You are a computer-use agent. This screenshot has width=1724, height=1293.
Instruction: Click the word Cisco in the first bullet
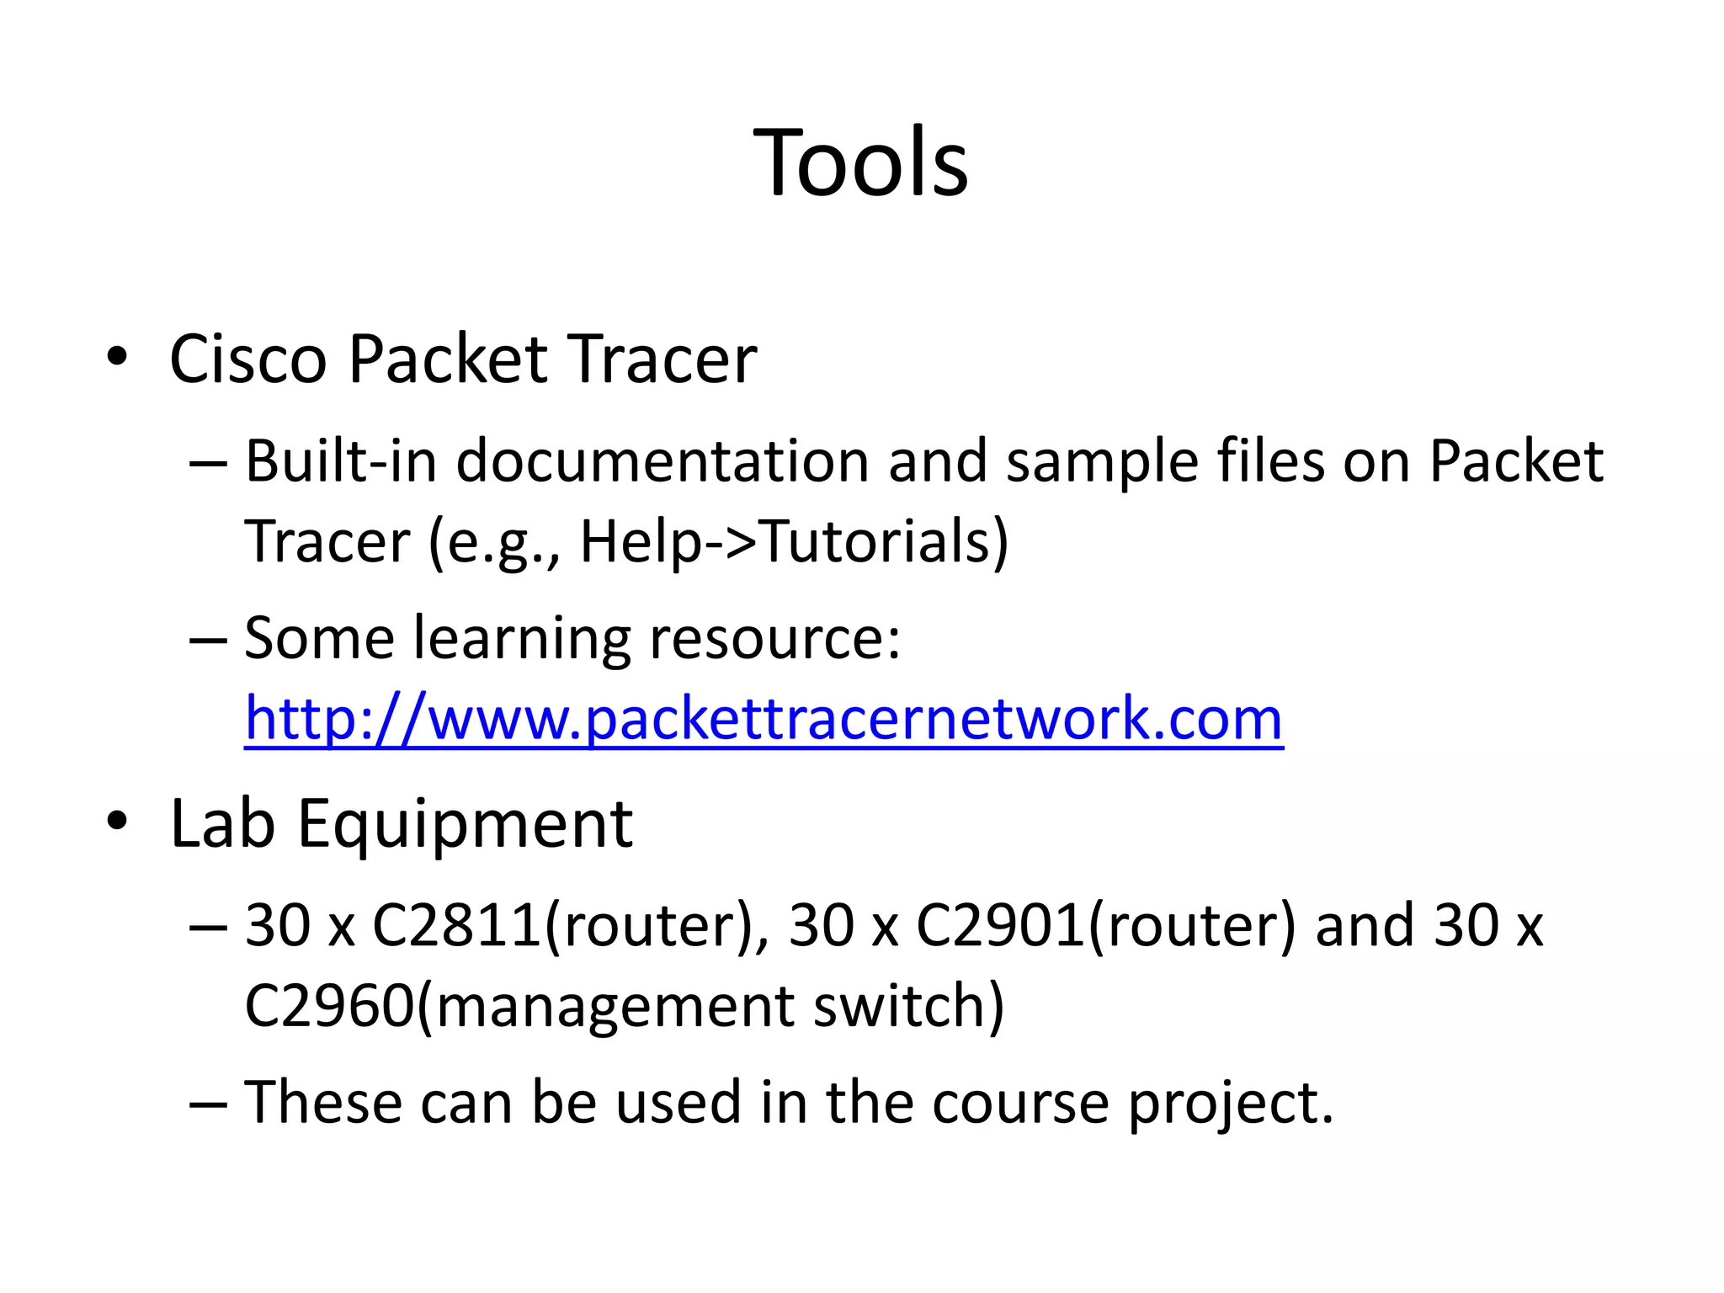pyautogui.click(x=247, y=359)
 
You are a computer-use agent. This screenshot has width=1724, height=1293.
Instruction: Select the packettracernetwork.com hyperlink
pyautogui.click(x=764, y=718)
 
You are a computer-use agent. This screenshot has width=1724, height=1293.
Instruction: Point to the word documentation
pyautogui.click(x=662, y=461)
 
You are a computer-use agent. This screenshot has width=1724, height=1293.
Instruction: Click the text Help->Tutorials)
pyautogui.click(x=794, y=541)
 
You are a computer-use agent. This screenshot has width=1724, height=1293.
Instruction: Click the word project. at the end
pyautogui.click(x=1231, y=1103)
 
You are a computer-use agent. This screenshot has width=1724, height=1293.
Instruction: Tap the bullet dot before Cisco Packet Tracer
pyautogui.click(x=117, y=357)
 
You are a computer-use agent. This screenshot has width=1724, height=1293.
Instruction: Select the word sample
pyautogui.click(x=1101, y=461)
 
